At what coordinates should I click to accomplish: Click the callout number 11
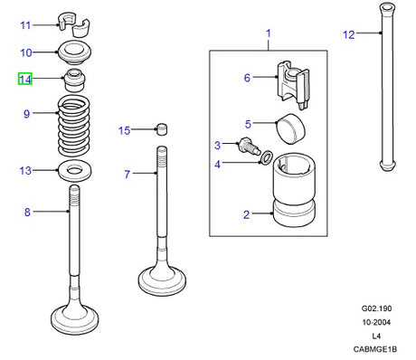click(25, 24)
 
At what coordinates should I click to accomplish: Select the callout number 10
click(25, 53)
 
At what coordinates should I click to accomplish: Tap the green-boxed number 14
click(25, 80)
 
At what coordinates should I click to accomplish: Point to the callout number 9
click(27, 114)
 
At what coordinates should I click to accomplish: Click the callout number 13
click(25, 170)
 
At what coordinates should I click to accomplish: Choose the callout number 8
click(27, 213)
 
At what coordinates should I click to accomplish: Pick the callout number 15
click(125, 131)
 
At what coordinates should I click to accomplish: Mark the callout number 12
click(349, 35)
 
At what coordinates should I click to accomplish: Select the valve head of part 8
click(75, 318)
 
